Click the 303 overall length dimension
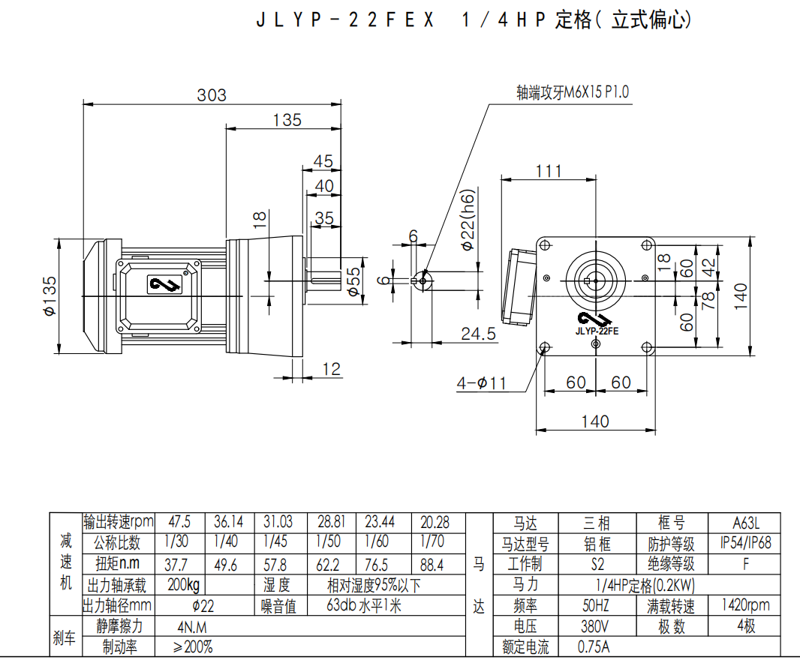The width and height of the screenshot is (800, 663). (211, 95)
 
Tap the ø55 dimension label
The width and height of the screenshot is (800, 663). (353, 282)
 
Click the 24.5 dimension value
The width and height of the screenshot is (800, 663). (478, 334)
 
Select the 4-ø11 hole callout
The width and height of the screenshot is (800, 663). (481, 383)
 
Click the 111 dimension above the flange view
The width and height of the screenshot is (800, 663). (549, 171)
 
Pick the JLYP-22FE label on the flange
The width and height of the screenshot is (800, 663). (597, 329)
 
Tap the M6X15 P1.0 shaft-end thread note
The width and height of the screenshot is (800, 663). (573, 92)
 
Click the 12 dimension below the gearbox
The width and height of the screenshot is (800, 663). (331, 369)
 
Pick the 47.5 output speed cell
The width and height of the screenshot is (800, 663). (179, 521)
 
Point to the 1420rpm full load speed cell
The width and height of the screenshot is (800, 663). (745, 605)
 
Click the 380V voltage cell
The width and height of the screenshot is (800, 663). (594, 626)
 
